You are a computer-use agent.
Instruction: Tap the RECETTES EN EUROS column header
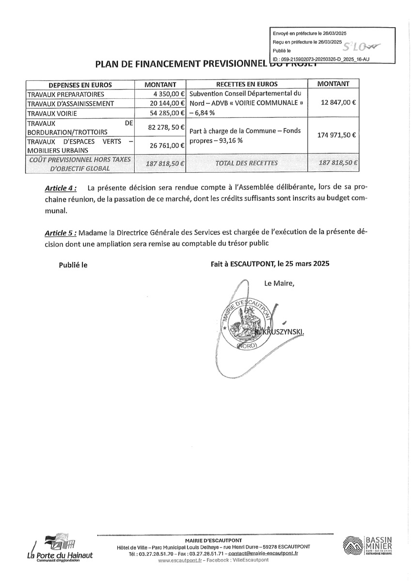pyautogui.click(x=247, y=84)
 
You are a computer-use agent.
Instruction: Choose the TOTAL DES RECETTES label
pyautogui.click(x=247, y=163)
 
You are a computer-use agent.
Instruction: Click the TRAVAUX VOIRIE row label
pyautogui.click(x=52, y=113)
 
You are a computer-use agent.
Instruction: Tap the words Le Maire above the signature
pyautogui.click(x=279, y=283)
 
